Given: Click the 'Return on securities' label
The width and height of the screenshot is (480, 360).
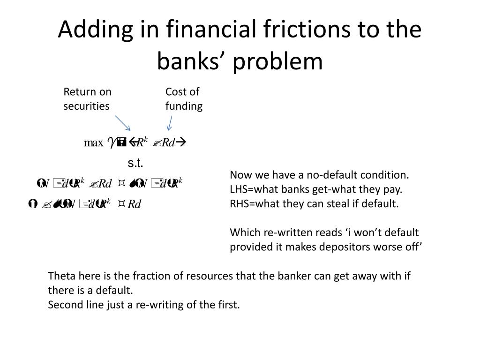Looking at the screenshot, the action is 87,99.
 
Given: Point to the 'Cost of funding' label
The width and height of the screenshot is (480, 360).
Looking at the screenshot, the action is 184,99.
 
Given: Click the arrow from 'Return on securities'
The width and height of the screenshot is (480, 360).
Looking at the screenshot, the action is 123,123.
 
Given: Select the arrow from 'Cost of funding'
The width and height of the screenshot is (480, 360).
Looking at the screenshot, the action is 170,122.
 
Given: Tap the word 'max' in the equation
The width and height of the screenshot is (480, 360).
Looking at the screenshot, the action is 93,143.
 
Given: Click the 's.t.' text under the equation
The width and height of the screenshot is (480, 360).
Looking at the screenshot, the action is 135,163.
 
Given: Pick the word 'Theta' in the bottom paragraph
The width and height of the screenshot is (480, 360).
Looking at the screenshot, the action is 61,276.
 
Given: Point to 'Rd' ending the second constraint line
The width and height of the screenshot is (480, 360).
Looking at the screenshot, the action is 135,204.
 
